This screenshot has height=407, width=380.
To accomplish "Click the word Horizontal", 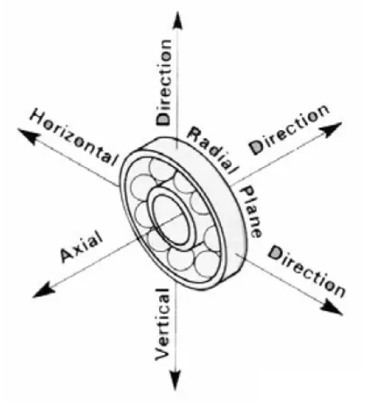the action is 74,137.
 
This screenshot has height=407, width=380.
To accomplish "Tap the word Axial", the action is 82,246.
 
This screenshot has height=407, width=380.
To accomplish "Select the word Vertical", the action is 162,324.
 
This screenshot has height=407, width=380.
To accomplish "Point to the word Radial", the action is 213,149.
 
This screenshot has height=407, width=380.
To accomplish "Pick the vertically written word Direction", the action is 165,82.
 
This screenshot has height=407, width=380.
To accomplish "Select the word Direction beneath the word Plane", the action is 307,271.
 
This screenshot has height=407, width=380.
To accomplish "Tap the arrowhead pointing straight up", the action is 178,21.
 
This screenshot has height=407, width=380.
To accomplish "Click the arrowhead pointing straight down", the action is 175,380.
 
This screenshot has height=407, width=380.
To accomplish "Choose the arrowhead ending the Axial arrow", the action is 44,290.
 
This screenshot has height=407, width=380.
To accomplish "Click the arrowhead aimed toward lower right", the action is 332,308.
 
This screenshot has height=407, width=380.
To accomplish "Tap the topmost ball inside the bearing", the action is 162,170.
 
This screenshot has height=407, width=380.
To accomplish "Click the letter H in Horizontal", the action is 37,117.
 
